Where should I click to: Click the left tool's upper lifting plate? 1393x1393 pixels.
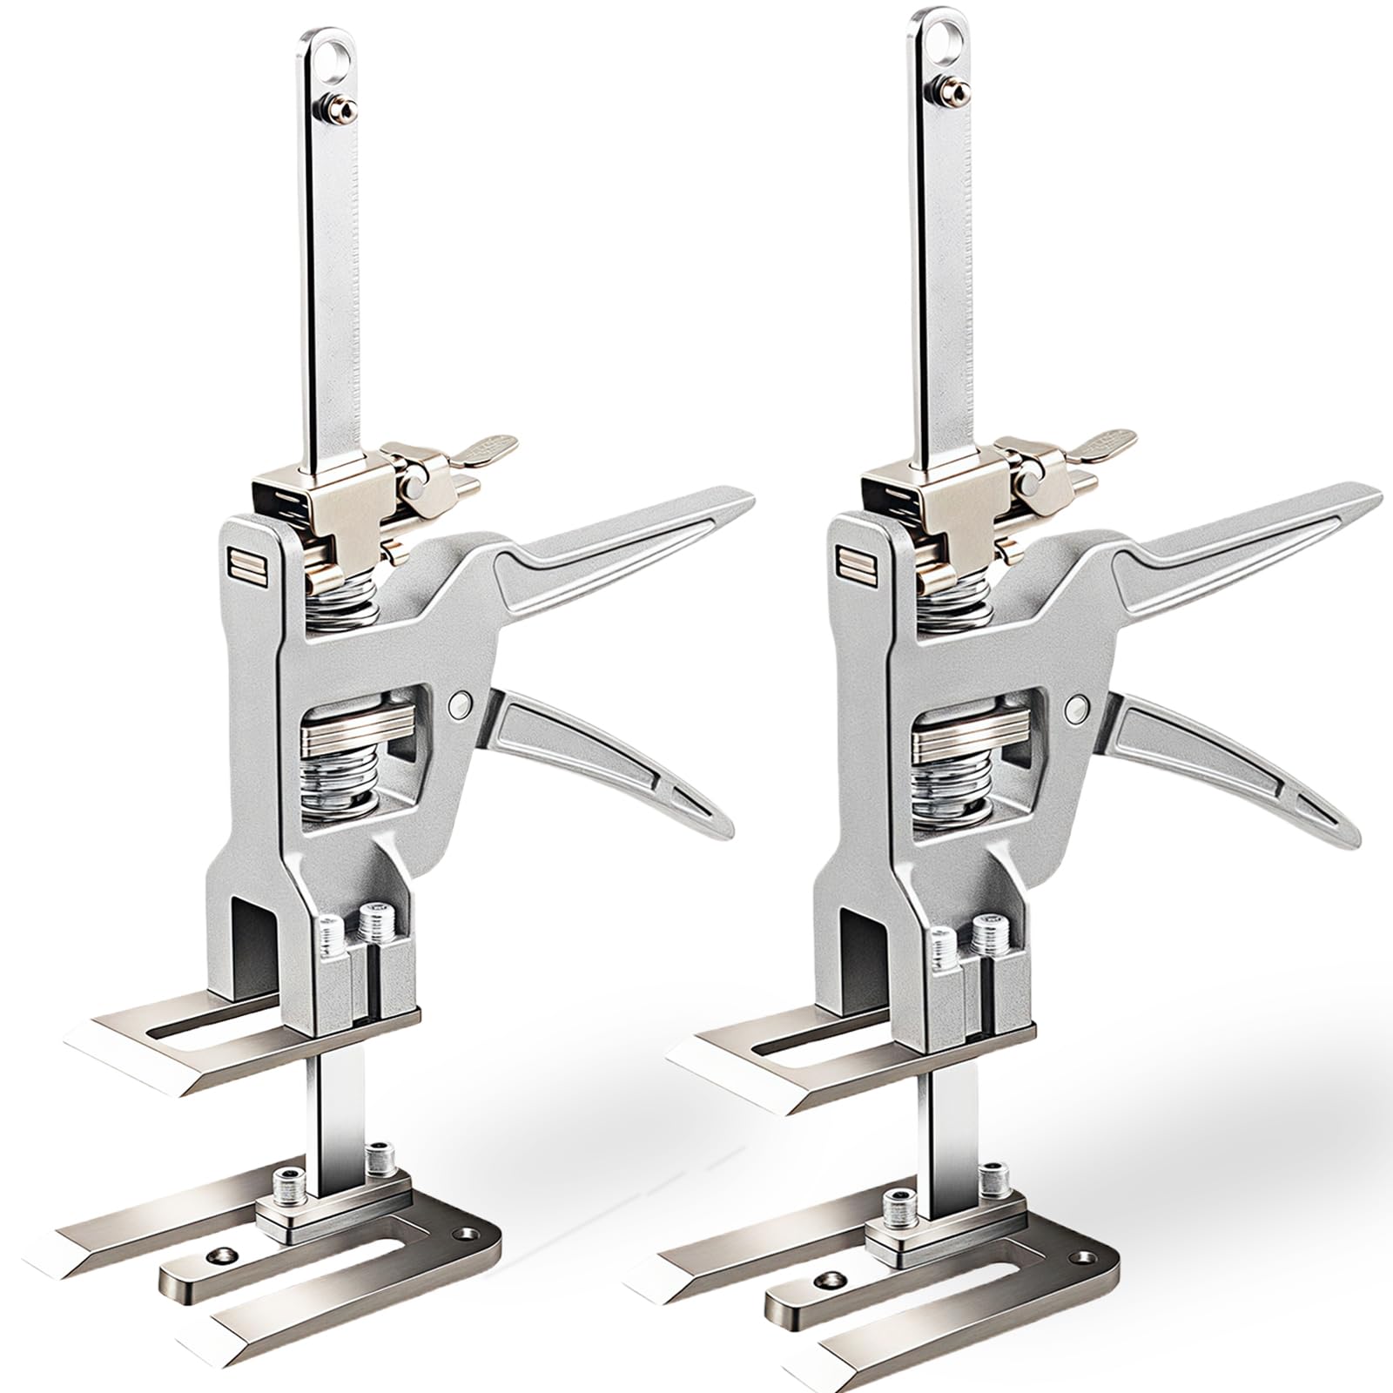(x=174, y=1049)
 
